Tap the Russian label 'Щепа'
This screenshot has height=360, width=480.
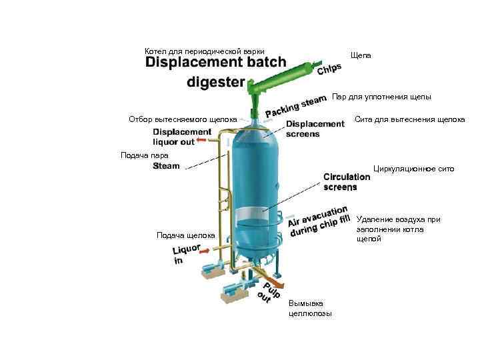360,56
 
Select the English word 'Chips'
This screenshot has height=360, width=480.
330,69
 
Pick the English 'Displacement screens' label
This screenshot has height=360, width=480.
315,129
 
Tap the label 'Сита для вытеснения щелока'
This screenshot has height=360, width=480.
409,120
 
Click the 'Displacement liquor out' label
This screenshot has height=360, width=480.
182,137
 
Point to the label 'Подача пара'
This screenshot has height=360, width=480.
139,155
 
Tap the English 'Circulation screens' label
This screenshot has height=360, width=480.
347,182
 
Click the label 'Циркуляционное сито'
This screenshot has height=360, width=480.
413,169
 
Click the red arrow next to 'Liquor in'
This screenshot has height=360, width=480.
204,250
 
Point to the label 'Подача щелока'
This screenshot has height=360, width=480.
185,235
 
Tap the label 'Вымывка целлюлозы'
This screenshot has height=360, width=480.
310,308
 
